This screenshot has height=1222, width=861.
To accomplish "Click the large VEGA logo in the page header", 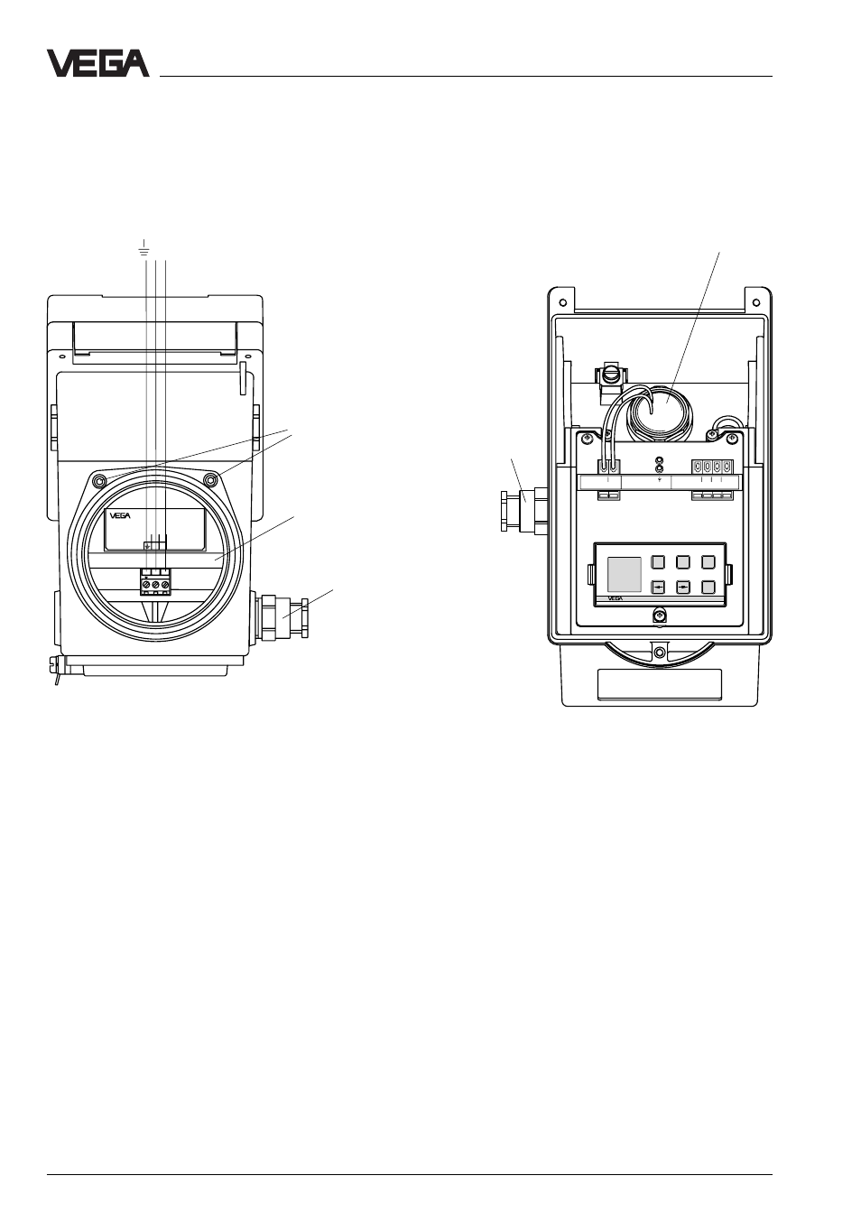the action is tap(97, 63).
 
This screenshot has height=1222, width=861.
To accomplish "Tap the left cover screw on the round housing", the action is tap(100, 481).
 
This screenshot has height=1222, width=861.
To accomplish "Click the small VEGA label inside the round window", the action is tap(120, 515).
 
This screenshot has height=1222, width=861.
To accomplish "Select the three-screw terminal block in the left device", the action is tap(155, 581).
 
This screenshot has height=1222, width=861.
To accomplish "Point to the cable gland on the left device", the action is tap(282, 617).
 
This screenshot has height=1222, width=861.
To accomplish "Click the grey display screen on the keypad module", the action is tap(625, 575).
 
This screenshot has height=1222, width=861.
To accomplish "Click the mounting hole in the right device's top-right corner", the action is tap(756, 301).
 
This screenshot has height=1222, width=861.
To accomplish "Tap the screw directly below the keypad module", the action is tap(659, 616).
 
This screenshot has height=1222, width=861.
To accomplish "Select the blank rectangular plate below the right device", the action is tap(660, 684).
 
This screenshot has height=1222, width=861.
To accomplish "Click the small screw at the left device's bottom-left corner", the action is tap(53, 662).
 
